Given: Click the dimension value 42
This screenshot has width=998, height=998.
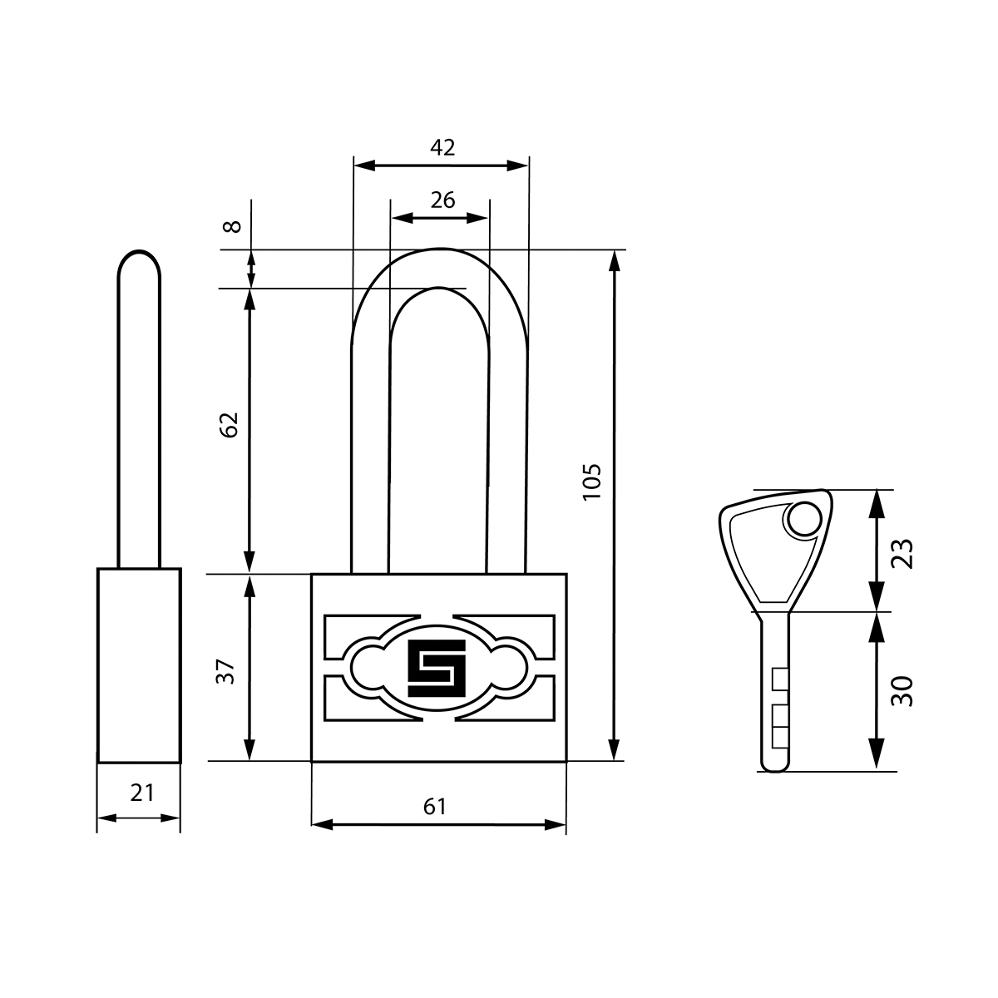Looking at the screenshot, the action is pos(442,147).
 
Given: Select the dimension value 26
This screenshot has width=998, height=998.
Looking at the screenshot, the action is pos(442,200).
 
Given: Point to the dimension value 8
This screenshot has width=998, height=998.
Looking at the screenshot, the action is pos(233,226).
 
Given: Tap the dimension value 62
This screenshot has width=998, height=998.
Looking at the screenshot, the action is pos(230,425).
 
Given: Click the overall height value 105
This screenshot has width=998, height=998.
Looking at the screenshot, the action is pos(591,482).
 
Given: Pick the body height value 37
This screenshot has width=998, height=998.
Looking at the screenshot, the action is pos(225,672).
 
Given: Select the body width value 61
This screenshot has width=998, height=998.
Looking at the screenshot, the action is pos(434,807).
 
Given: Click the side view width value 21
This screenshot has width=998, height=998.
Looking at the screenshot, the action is pos(142,793).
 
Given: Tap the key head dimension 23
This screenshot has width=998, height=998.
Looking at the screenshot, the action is pos(902,554).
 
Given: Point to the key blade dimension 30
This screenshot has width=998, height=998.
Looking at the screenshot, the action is pos(902,691).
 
